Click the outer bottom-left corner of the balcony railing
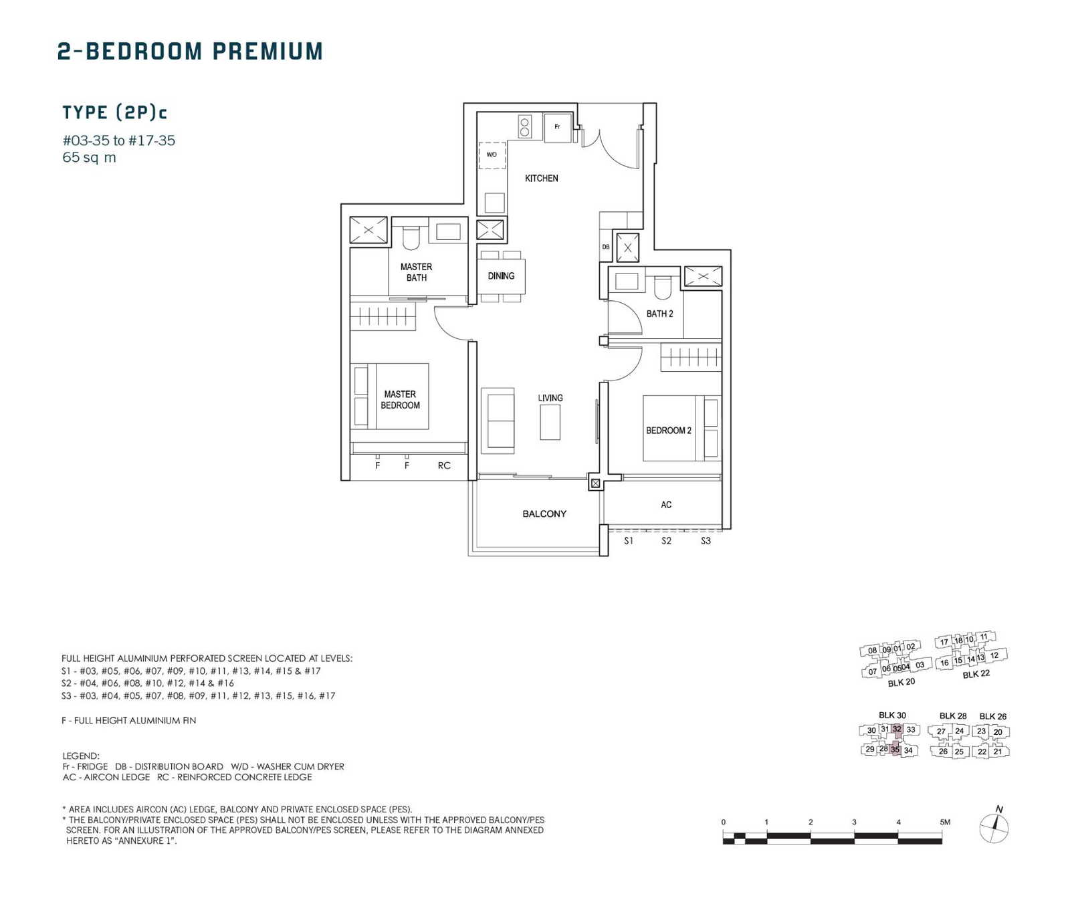(468, 555)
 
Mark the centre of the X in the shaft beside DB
(627, 247)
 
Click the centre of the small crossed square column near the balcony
(595, 483)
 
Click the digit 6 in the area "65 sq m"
(67, 157)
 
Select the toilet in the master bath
(411, 237)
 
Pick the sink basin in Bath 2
(627, 280)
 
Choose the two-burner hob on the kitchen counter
(525, 127)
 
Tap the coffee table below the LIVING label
(550, 422)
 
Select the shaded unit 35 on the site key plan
(895, 750)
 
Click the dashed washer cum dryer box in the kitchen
(492, 155)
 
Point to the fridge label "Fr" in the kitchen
(557, 126)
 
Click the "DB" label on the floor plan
(606, 247)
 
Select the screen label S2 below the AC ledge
(666, 541)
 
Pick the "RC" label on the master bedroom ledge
(444, 465)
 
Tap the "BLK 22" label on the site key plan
(976, 674)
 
